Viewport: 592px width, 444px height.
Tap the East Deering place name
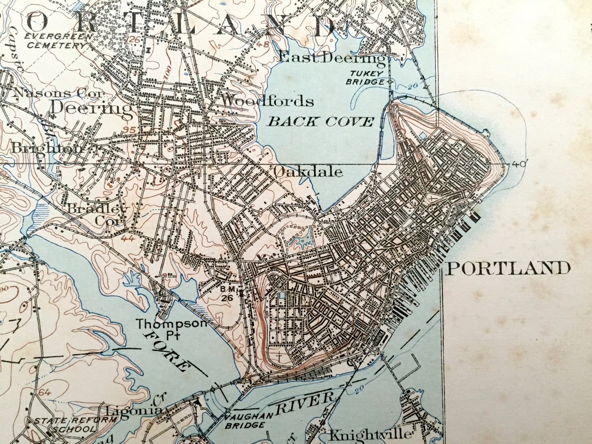332,59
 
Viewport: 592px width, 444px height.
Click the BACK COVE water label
321,122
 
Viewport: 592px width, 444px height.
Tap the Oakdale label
308,172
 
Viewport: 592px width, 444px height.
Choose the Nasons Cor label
57,93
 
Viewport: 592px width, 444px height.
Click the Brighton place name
47,148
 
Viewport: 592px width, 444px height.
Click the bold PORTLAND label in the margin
508,269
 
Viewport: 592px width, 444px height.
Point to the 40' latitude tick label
518,164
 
